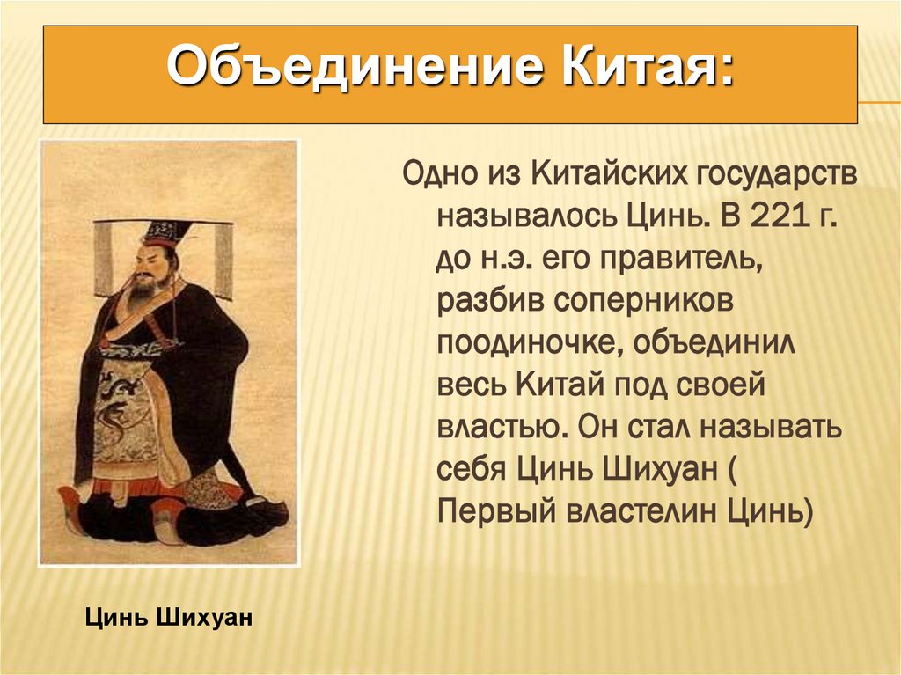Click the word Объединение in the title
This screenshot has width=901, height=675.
point(355,67)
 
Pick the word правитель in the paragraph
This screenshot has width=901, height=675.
point(680,260)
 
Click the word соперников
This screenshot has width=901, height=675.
point(643,301)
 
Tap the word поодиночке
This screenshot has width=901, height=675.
point(528,344)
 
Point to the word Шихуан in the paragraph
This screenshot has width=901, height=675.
point(660,469)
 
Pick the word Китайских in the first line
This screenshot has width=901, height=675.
point(609,175)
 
